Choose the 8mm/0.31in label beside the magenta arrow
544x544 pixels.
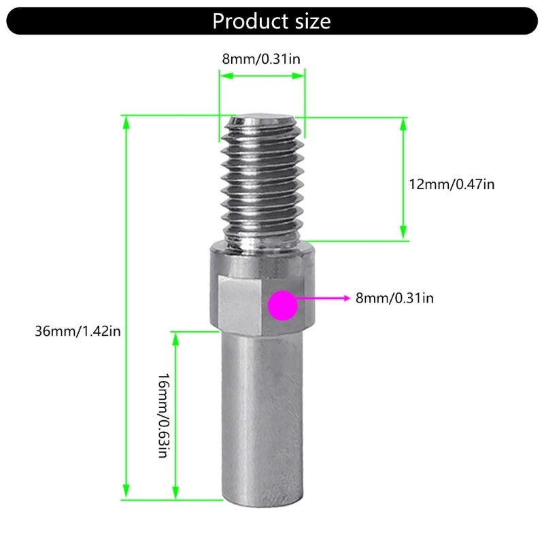click(x=394, y=298)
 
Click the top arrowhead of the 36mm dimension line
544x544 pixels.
click(x=125, y=121)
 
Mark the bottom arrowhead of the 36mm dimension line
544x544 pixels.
click(x=125, y=493)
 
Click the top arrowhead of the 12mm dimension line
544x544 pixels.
click(x=403, y=123)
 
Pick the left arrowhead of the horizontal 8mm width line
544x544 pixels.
click(x=223, y=77)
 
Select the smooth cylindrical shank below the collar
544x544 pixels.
click(x=262, y=415)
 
